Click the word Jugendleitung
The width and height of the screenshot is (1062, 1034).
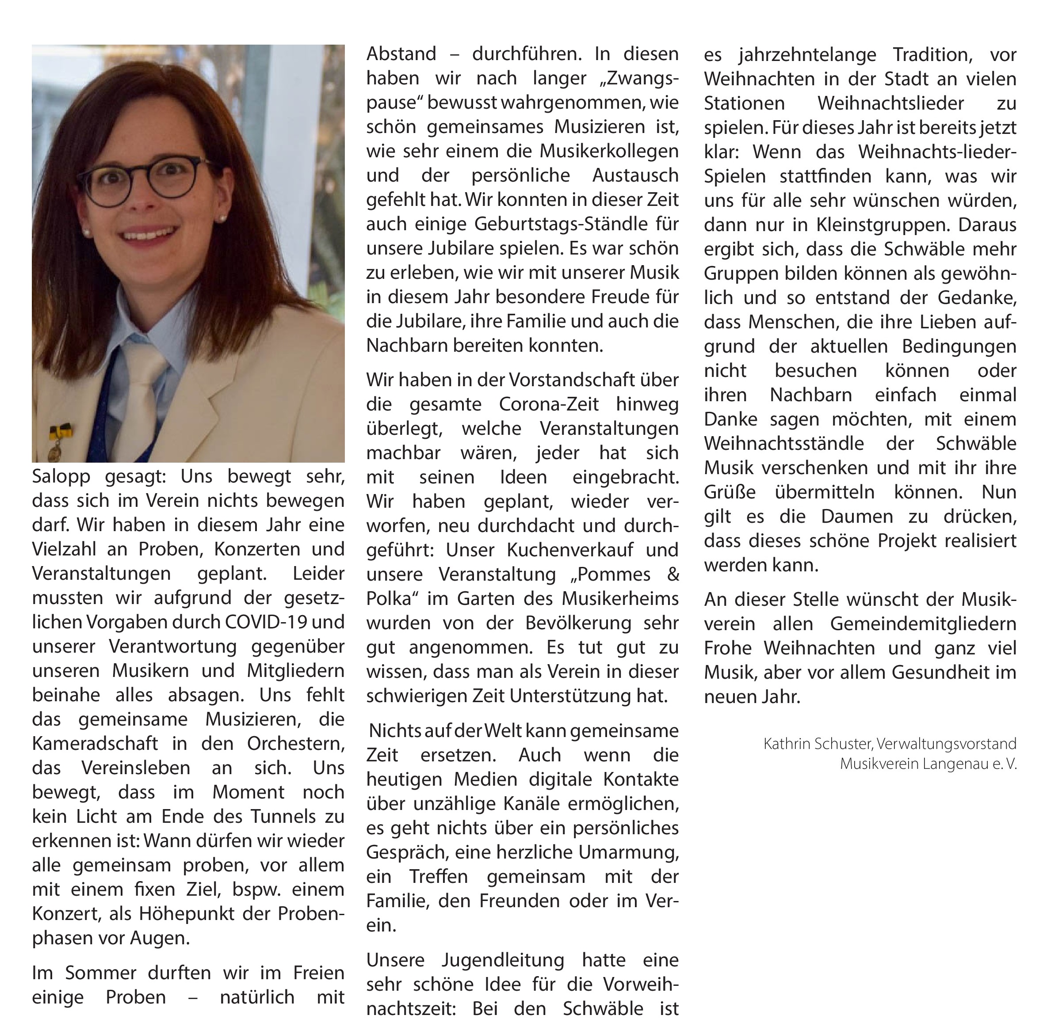coord(503,960)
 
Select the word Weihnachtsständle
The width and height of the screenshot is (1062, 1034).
coord(784,444)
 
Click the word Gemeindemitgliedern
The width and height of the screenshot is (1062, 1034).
coord(923,623)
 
